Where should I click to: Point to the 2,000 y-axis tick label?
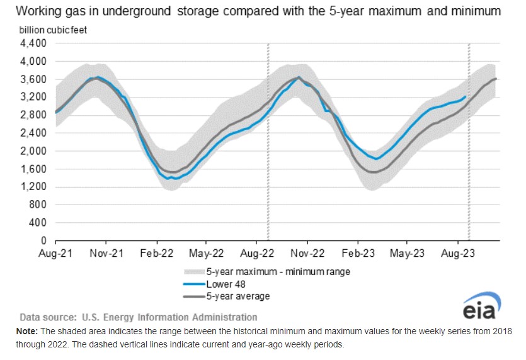(34, 151)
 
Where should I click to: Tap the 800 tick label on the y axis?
(38, 205)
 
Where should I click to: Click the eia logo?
(482, 308)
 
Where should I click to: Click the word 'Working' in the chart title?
(38, 11)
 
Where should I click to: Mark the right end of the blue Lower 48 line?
(466, 96)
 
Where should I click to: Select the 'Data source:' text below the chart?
(47, 317)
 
